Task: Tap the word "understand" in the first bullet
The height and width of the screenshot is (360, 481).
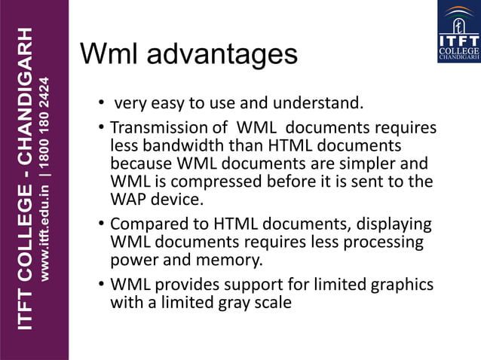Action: click(325, 102)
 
